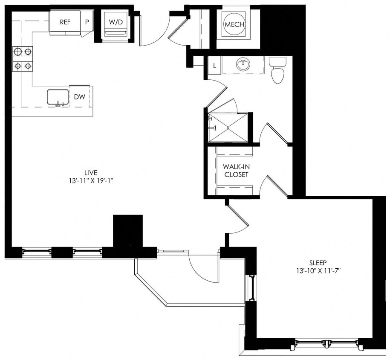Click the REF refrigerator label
click(65, 22)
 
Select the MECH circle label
click(234, 24)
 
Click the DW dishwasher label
click(80, 97)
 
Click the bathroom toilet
click(277, 71)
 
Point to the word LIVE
click(91, 173)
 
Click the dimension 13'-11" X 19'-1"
click(91, 180)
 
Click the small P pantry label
click(87, 22)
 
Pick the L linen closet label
click(214, 66)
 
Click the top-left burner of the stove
click(18, 52)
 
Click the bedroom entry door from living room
click(238, 220)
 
